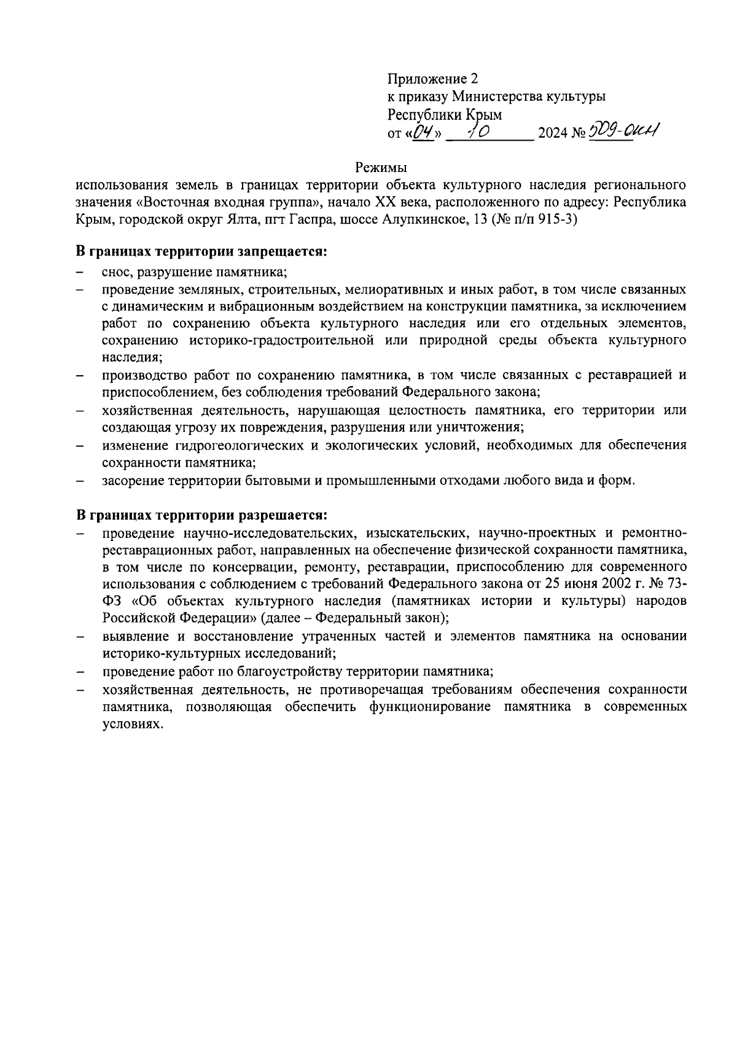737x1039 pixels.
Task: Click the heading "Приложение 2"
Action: (x=432, y=79)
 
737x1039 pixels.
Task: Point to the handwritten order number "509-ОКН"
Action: (x=623, y=131)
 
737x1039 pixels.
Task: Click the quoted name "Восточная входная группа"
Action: (x=227, y=202)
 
